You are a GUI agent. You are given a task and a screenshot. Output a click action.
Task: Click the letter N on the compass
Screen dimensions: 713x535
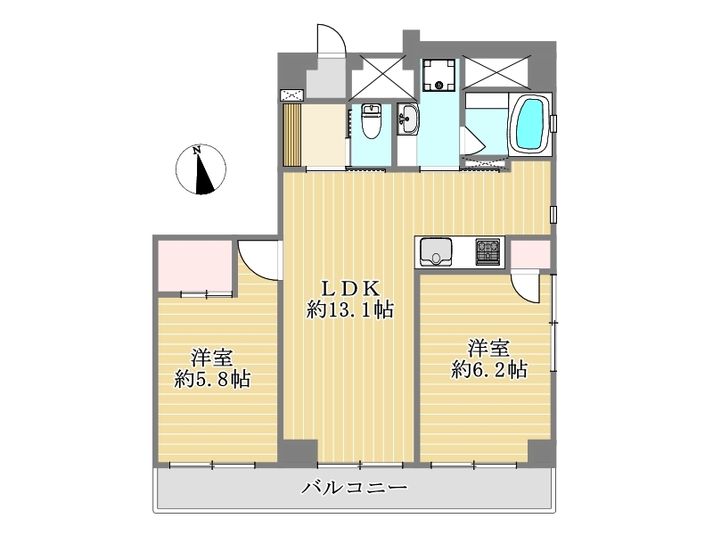point(197,150)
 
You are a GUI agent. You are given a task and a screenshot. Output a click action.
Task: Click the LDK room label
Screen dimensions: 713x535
point(350,288)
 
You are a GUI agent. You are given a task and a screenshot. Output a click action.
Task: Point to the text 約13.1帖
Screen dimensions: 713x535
point(349,310)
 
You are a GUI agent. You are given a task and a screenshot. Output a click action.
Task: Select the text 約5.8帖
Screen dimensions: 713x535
point(212,379)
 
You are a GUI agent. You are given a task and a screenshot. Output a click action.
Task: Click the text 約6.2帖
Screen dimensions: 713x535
point(489,369)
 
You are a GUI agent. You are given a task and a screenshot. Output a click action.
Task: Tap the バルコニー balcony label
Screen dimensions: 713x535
point(355,488)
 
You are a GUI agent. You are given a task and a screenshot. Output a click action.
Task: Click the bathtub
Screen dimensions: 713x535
point(530,124)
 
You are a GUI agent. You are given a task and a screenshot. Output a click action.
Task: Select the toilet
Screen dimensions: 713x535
point(371,121)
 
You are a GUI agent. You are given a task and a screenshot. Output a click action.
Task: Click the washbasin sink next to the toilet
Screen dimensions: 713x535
point(408,119)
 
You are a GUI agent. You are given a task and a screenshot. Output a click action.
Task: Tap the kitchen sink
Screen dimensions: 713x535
point(436,252)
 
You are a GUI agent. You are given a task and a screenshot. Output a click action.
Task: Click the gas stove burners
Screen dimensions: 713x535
point(488,251)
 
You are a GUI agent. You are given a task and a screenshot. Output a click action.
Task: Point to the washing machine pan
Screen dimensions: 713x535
point(438,75)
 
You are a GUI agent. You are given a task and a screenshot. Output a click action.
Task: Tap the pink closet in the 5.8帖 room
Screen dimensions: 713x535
point(194,266)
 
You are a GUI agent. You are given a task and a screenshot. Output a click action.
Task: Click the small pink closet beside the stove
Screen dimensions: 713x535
point(530,254)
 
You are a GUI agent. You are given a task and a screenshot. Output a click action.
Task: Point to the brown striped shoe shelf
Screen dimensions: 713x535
point(292,136)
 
